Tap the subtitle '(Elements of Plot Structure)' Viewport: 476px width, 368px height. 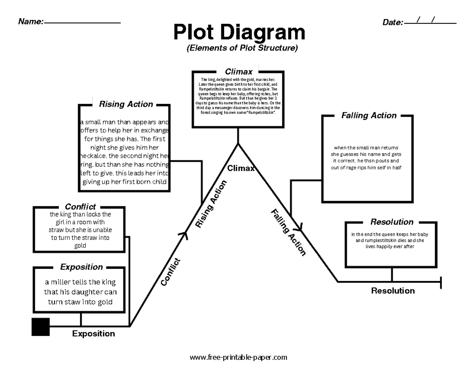(242, 48)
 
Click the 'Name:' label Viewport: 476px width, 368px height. (31, 22)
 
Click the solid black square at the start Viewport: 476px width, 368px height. (40, 327)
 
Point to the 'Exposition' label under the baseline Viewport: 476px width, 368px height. (94, 334)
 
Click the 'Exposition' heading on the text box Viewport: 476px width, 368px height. (81, 267)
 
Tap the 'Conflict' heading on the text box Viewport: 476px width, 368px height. (80, 207)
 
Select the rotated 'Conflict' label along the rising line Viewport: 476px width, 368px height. (171, 272)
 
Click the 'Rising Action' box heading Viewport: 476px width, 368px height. (126, 104)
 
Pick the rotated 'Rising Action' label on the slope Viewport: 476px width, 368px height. (211, 204)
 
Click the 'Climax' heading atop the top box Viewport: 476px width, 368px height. (239, 72)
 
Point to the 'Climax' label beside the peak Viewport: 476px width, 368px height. (240, 168)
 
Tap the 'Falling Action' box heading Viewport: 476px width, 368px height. (369, 116)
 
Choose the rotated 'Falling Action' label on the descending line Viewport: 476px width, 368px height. (288, 232)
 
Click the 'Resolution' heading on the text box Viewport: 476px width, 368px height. (392, 222)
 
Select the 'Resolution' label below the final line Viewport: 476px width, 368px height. (393, 291)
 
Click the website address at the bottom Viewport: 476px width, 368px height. (238, 357)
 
